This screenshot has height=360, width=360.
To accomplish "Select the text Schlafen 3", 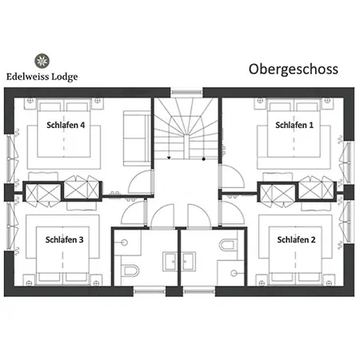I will (x=65, y=239).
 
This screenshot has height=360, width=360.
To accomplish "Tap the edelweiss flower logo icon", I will (x=42, y=59).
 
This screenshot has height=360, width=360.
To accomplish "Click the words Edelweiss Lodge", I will (x=42, y=77).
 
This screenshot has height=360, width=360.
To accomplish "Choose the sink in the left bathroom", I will (x=170, y=261).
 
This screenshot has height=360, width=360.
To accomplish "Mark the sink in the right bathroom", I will (x=190, y=261).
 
